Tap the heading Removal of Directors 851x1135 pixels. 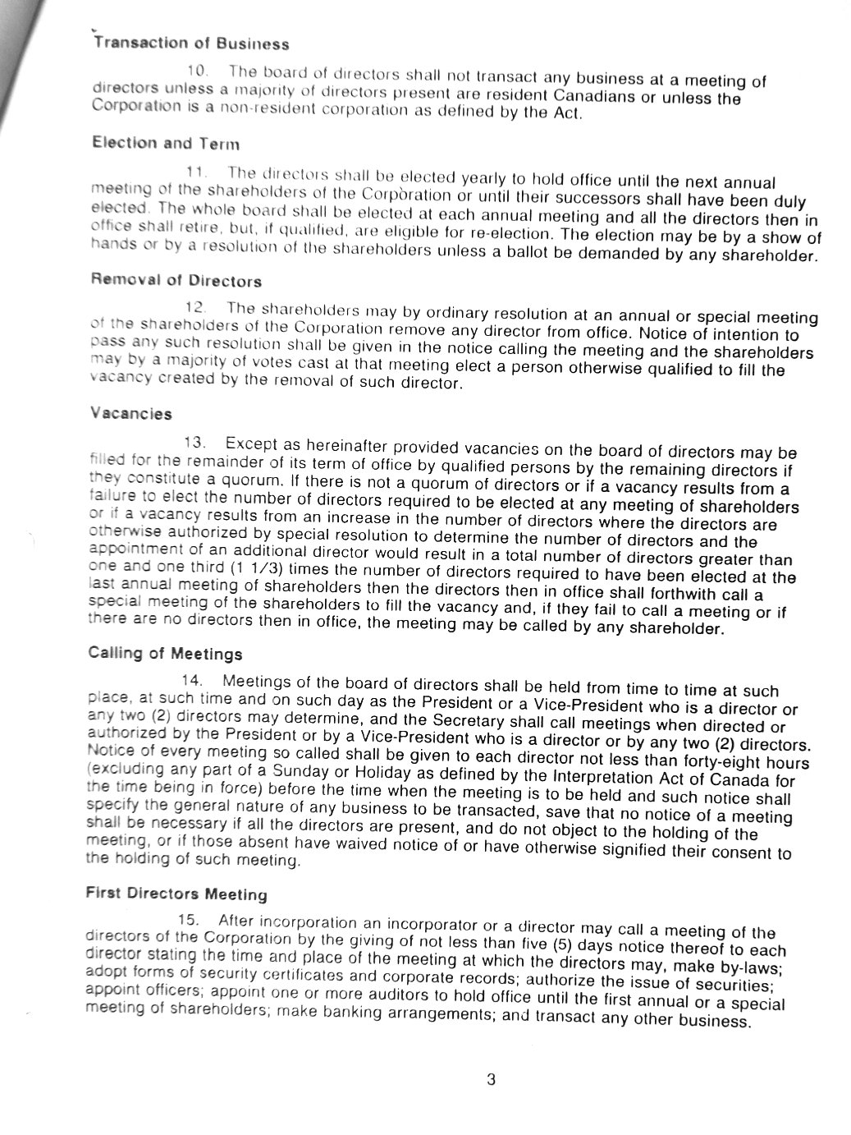tap(176, 280)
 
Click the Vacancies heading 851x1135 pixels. tap(131, 414)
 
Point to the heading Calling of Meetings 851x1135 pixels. tap(165, 654)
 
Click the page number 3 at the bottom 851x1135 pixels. tap(491, 1080)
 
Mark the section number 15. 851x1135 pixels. tap(190, 921)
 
